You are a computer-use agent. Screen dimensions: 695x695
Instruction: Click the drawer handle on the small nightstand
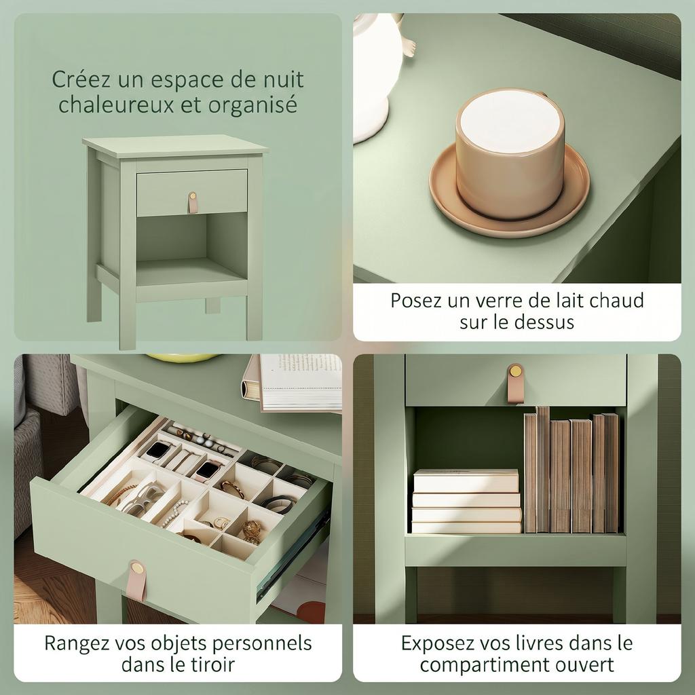(192, 202)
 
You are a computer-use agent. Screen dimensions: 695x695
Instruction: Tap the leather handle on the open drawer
(136, 580)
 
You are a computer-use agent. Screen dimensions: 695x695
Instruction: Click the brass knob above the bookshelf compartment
(516, 371)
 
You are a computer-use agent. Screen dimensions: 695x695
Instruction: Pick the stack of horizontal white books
(466, 501)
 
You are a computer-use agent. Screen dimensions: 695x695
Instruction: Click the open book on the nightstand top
(295, 383)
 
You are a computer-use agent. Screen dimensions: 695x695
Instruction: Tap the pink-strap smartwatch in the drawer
(207, 471)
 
